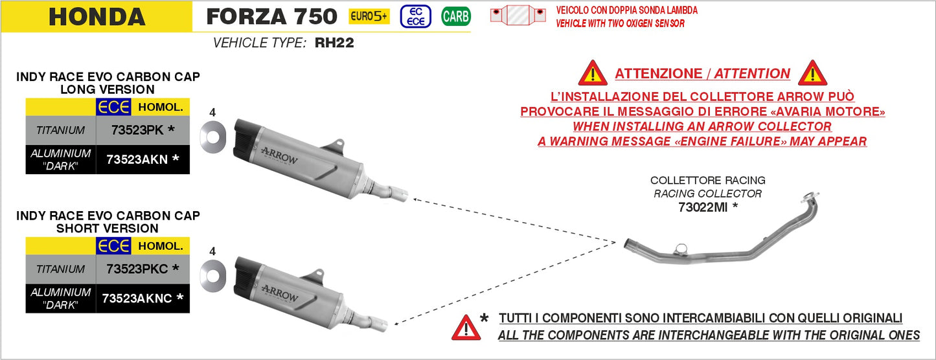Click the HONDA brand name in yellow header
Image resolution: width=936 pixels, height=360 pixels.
[x=97, y=17]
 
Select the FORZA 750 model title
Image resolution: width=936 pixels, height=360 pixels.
[x=271, y=16]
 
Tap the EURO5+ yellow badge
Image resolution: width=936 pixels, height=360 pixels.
[x=369, y=16]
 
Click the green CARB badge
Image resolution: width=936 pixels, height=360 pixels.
[x=455, y=16]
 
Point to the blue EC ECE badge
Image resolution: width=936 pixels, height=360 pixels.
[x=416, y=16]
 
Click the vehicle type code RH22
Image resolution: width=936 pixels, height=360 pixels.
[x=334, y=44]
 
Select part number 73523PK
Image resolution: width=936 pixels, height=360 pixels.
[x=143, y=129]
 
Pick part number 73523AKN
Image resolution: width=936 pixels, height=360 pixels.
[x=143, y=160]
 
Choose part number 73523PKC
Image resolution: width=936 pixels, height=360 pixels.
[x=143, y=268]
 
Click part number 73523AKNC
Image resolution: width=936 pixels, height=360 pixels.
[x=143, y=298]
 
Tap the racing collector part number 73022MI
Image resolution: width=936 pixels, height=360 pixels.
[x=707, y=207]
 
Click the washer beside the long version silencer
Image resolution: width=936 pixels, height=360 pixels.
[x=212, y=137]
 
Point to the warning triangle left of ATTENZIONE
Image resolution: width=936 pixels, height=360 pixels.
[x=592, y=73]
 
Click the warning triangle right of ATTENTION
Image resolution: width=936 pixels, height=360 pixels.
[x=812, y=73]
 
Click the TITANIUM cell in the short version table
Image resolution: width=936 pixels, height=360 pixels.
[x=60, y=269]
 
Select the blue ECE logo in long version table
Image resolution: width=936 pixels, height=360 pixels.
[x=113, y=107]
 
